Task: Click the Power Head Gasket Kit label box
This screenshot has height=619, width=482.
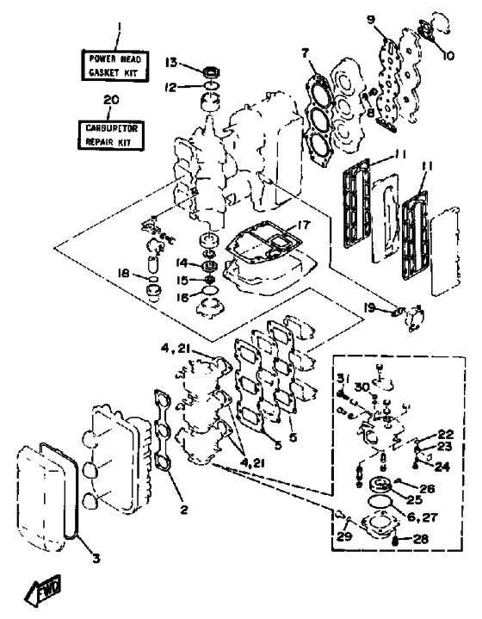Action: coord(115,65)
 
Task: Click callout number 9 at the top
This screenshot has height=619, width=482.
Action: coord(370,19)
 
